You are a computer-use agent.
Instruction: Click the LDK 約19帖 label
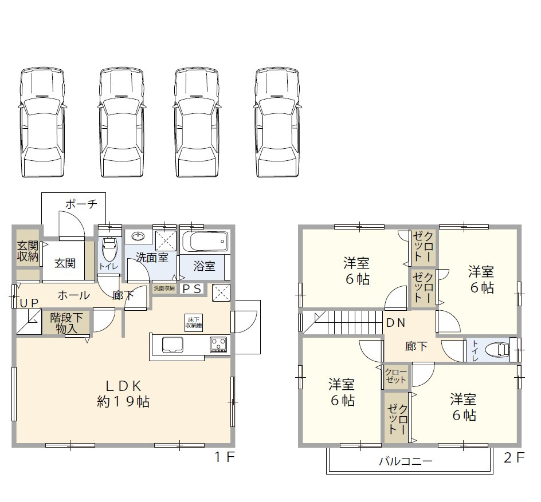coord(123,393)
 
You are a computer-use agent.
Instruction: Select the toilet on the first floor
coord(108,249)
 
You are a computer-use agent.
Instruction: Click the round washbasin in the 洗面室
coord(138,237)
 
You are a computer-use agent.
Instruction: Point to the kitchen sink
coord(173,345)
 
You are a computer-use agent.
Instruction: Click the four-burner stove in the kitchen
coord(218,345)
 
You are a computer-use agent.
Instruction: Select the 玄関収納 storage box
coord(28,252)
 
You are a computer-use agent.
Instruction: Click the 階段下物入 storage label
coord(66,323)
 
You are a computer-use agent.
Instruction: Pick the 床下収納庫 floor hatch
coord(193,322)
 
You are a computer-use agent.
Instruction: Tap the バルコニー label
coord(405,461)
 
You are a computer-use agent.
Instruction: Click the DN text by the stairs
coord(395,323)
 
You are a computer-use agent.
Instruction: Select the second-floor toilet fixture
coord(497,349)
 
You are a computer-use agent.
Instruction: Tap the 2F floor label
coord(514,457)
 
